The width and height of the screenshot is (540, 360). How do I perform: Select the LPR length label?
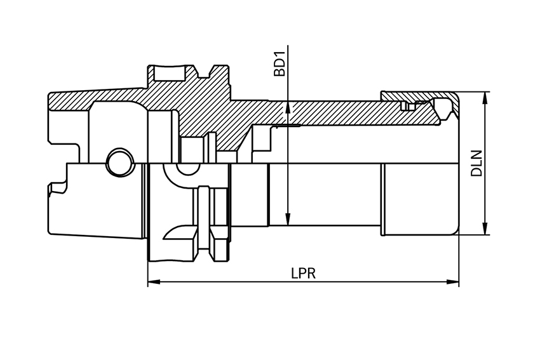(x=304, y=273)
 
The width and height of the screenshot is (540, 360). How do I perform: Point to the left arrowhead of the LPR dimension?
(x=152, y=282)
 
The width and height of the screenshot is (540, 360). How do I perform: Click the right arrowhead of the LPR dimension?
(x=454, y=282)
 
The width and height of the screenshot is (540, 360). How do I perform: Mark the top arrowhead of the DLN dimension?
(x=486, y=97)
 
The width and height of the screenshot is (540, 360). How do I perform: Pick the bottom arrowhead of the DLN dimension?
(x=486, y=230)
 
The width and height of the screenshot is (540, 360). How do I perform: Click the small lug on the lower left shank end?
(x=56, y=188)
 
